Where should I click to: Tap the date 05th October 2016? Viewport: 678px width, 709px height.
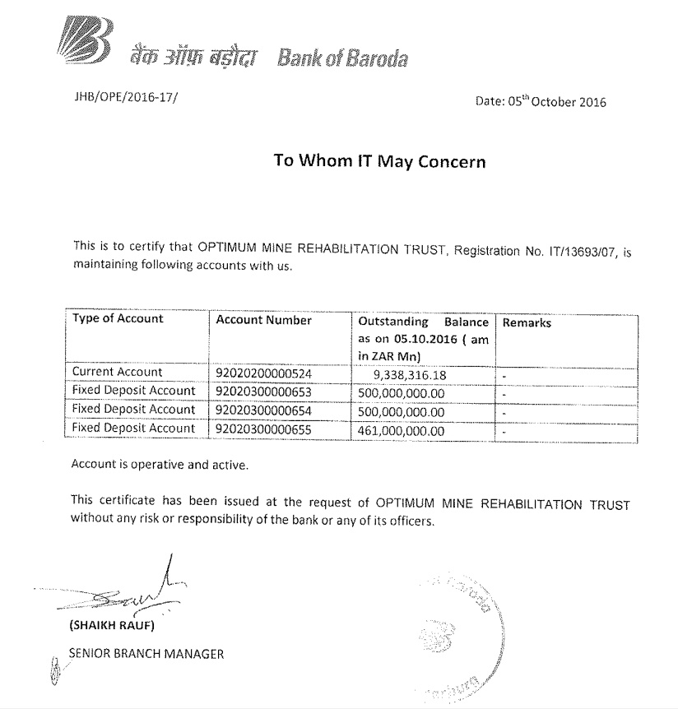coord(541,102)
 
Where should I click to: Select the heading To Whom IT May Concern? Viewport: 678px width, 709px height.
coord(379,161)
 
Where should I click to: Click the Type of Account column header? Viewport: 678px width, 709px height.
coord(118,319)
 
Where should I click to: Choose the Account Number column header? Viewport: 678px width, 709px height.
coord(263,320)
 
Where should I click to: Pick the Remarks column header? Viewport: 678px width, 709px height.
coord(527,322)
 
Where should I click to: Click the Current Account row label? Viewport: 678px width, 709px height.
coord(118,372)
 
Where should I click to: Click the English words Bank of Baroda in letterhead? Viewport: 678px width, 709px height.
coord(342,58)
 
